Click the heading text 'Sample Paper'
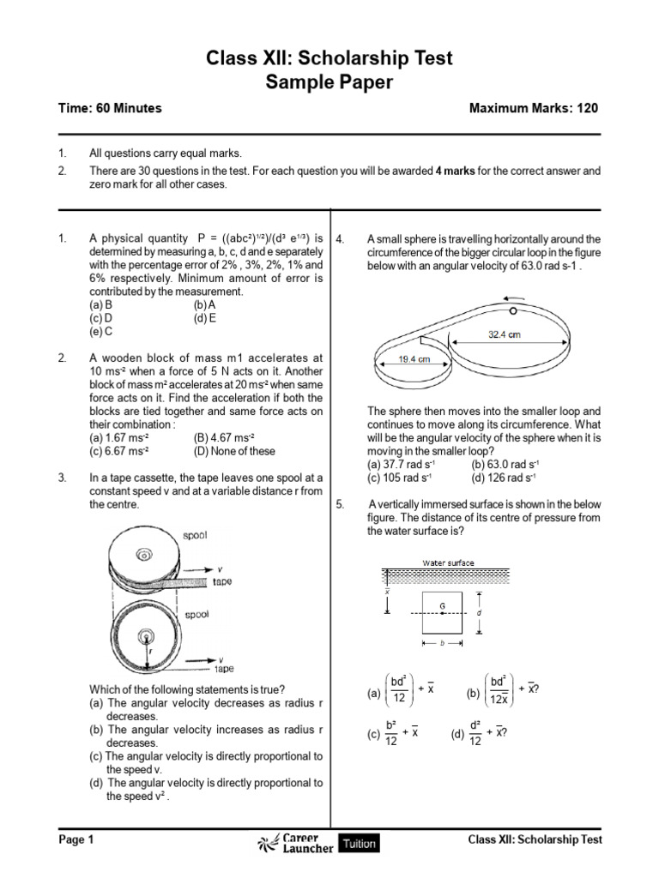pyautogui.click(x=329, y=82)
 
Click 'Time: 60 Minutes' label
pyautogui.click(x=110, y=109)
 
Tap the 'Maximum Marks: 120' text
pyautogui.click(x=534, y=109)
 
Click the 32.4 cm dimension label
pyautogui.click(x=505, y=335)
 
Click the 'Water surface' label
pyautogui.click(x=448, y=563)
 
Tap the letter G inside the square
pyautogui.click(x=443, y=605)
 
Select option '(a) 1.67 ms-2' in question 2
pyautogui.click(x=120, y=438)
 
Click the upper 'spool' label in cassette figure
pyautogui.click(x=195, y=536)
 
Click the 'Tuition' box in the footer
pyautogui.click(x=360, y=843)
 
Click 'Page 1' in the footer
pyautogui.click(x=76, y=840)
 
